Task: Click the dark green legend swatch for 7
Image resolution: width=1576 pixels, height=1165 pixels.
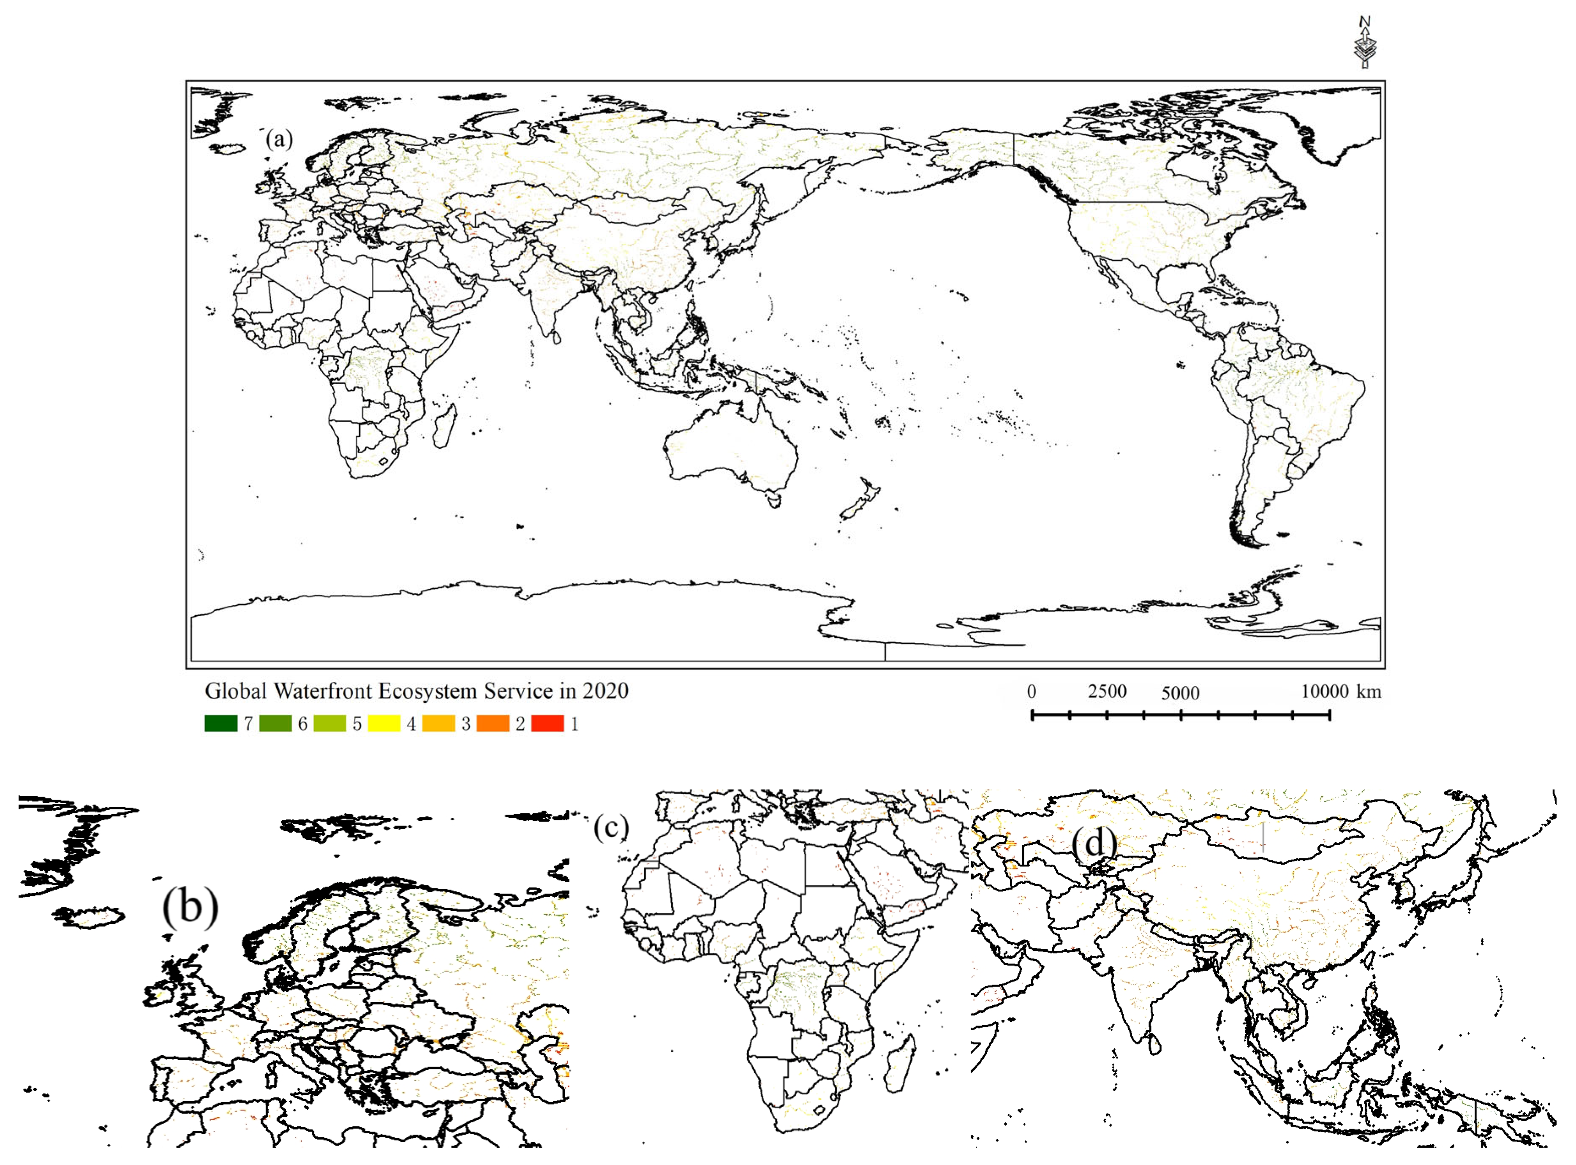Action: pyautogui.click(x=221, y=724)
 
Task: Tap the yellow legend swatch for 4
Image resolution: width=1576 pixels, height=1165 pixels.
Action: pyautogui.click(x=384, y=724)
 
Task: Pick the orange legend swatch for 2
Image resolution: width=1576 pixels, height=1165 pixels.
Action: pyautogui.click(x=493, y=724)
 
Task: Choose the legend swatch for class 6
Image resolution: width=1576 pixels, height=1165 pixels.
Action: pyautogui.click(x=275, y=724)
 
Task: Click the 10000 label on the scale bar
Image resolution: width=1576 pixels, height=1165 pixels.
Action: pyautogui.click(x=1323, y=692)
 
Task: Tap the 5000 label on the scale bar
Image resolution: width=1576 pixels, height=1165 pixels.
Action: pyautogui.click(x=1180, y=693)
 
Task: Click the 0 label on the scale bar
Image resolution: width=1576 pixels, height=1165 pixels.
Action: pyautogui.click(x=1032, y=692)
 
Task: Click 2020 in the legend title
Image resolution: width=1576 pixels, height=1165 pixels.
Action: pyautogui.click(x=605, y=691)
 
